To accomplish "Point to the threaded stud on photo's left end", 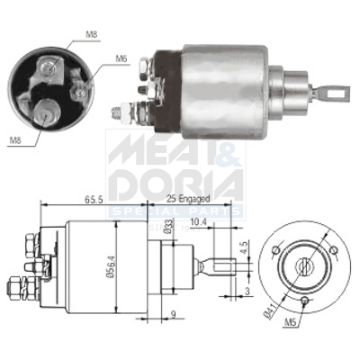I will click(x=120, y=112).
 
